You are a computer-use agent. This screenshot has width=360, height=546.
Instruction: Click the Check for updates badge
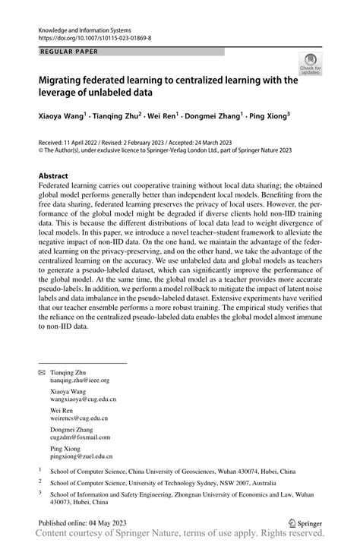coord(310,65)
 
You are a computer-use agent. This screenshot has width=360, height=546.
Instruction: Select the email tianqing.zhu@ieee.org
coord(86,380)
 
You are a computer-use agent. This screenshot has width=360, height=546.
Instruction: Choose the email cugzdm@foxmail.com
coord(82,437)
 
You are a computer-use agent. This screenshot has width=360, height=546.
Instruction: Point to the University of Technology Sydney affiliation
coord(145,481)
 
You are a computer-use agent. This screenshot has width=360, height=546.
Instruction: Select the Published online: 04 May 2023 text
coord(84,523)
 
